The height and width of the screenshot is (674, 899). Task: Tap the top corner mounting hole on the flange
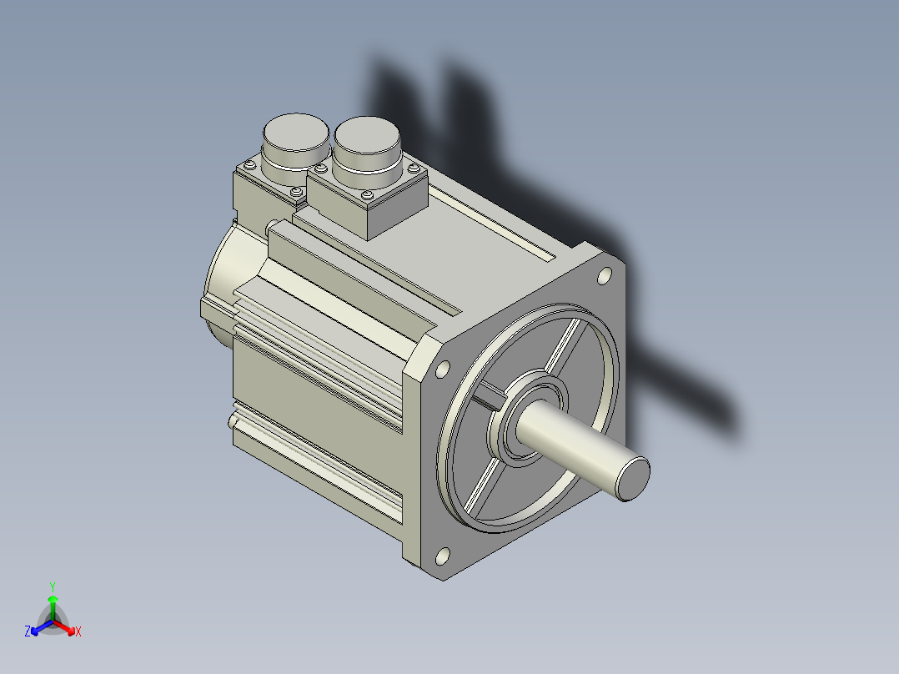605,276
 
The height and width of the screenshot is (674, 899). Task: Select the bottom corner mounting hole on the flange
443,556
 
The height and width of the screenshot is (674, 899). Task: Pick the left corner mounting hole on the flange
443,370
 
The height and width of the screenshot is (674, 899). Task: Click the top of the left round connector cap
296,132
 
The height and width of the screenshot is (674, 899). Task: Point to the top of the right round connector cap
367,135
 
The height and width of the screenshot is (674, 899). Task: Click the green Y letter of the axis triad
53,586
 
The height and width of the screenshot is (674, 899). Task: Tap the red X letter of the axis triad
78,631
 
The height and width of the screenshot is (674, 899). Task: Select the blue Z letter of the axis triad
28,631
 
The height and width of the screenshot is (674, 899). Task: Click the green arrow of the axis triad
53,608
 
